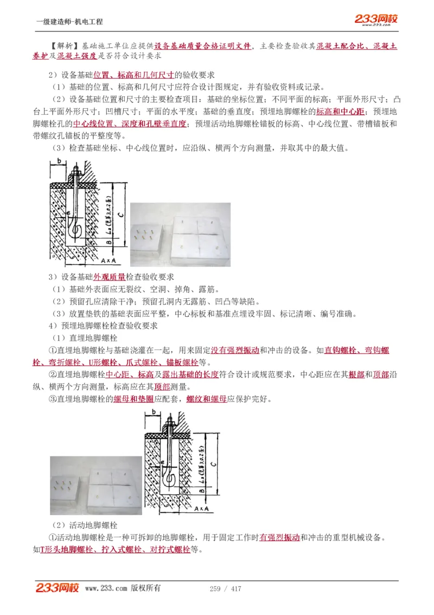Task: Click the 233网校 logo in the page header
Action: click(376, 20)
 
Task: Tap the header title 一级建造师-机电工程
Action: click(69, 22)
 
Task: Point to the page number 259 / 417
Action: click(225, 589)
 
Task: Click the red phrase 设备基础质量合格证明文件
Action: click(203, 47)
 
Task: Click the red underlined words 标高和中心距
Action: click(340, 111)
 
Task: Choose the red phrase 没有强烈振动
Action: click(235, 350)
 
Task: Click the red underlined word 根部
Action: click(356, 375)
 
